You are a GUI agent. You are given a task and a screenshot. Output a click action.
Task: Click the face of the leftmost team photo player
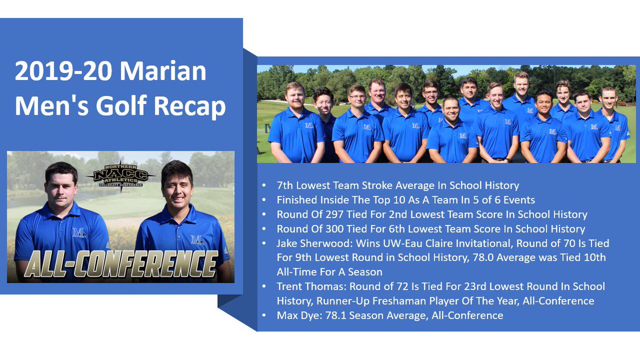294,96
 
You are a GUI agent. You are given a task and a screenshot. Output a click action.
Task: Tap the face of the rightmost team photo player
609,98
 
